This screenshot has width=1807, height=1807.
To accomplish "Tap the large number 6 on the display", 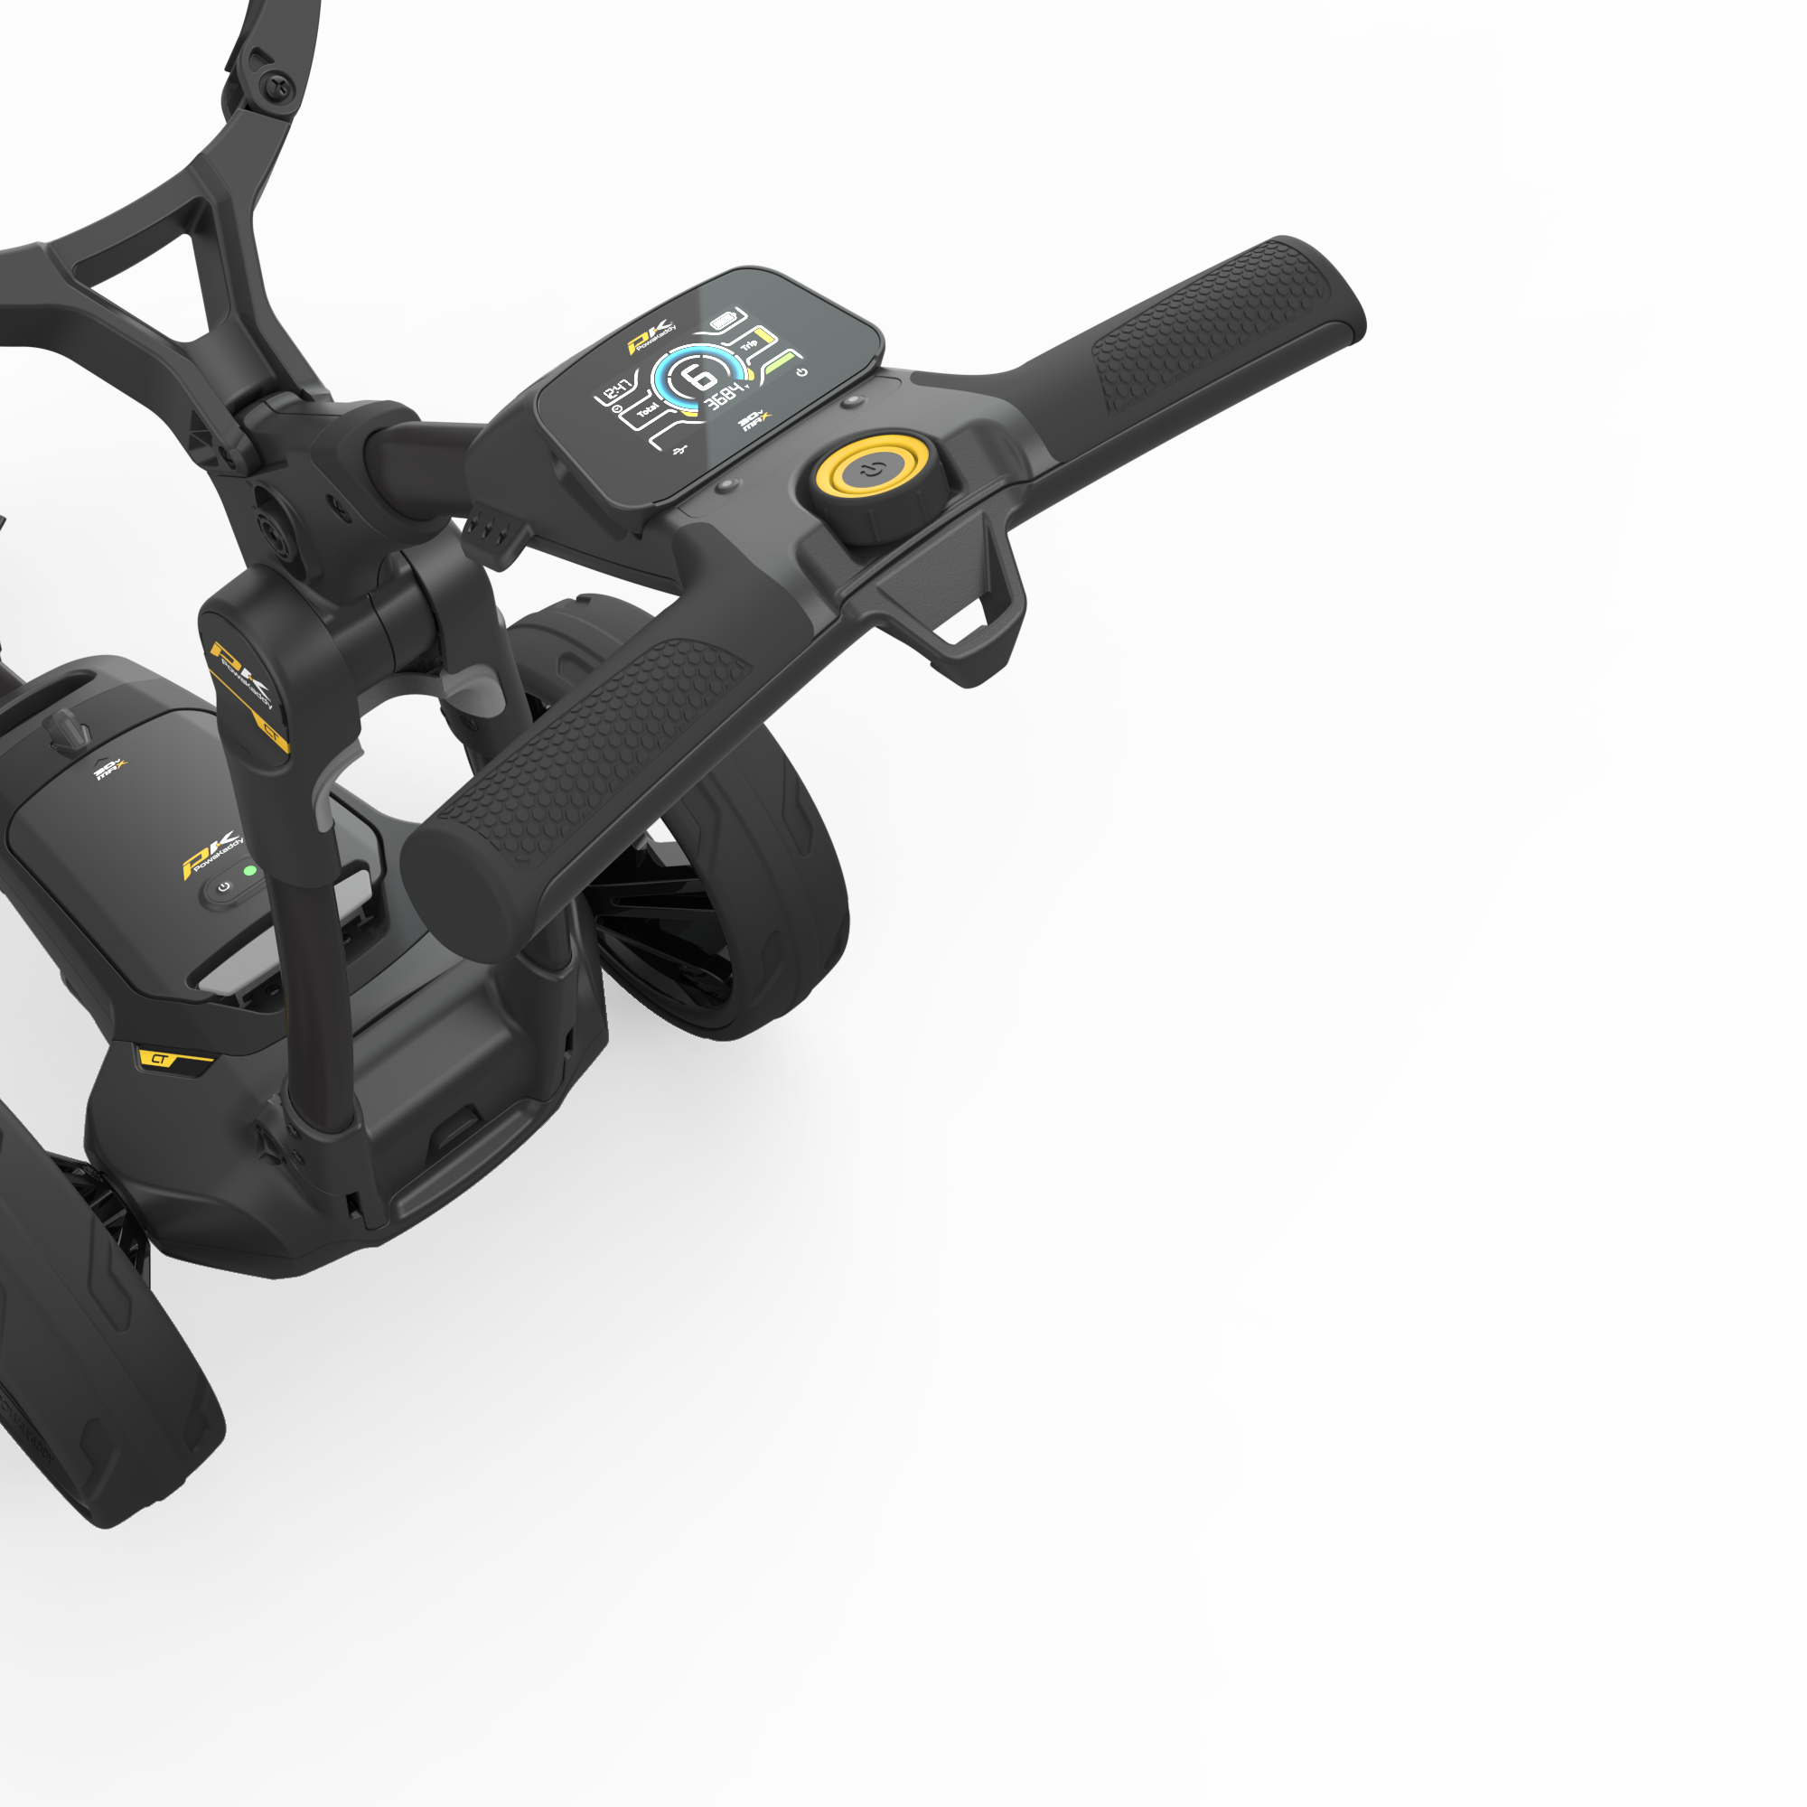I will tap(698, 377).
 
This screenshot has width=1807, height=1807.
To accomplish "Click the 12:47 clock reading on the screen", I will tap(615, 391).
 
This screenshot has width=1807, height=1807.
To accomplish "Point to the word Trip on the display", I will tap(749, 345).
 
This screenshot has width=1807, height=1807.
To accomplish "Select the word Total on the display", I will tap(647, 410).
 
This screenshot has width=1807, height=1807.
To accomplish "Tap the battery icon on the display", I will tap(725, 321).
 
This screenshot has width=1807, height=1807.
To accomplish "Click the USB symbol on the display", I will tap(681, 451).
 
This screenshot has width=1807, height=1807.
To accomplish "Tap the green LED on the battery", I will tap(249, 871).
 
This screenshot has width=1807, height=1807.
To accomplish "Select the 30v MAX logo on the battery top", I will tap(109, 770).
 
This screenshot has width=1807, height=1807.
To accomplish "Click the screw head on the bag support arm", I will tap(278, 89).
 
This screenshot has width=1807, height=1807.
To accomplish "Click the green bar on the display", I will tap(782, 366).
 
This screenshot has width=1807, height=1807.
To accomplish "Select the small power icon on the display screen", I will tap(801, 372).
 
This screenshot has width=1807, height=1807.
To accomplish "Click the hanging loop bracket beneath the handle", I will tap(973, 617).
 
